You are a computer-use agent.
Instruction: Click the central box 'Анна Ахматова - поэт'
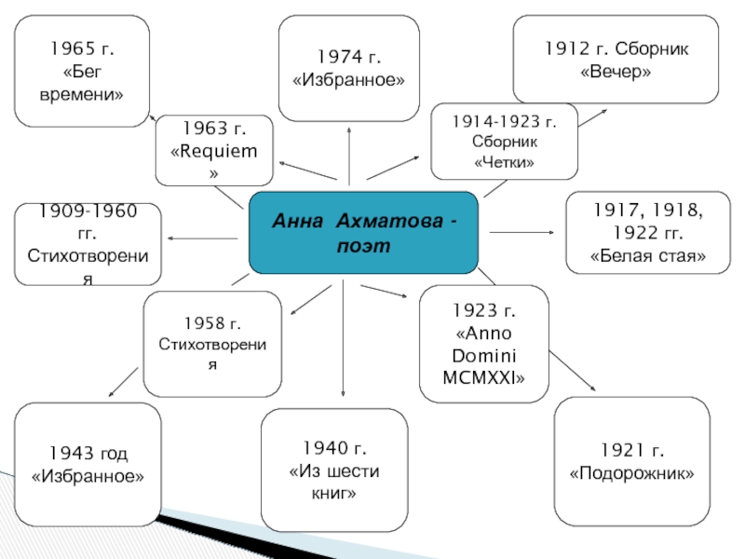(x=363, y=233)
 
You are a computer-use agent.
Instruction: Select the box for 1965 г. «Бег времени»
(x=82, y=71)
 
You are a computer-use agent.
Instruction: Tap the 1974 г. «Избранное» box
(x=349, y=68)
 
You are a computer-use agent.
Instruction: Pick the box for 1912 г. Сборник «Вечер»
(x=616, y=59)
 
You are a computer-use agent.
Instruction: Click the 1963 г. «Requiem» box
(x=214, y=150)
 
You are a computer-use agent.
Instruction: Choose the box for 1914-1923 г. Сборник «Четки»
(x=504, y=141)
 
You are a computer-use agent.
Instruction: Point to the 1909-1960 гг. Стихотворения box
(x=88, y=244)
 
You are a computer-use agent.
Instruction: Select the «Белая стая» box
(x=648, y=233)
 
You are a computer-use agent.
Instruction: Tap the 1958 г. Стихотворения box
(x=212, y=343)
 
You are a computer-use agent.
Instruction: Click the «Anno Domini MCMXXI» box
(x=484, y=344)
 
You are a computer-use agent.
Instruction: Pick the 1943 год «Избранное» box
(x=88, y=464)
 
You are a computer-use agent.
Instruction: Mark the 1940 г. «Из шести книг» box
(x=334, y=470)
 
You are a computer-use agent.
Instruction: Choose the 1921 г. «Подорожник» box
(x=631, y=462)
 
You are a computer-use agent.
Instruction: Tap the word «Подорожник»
(x=632, y=474)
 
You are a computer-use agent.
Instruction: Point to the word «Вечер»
(x=616, y=71)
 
